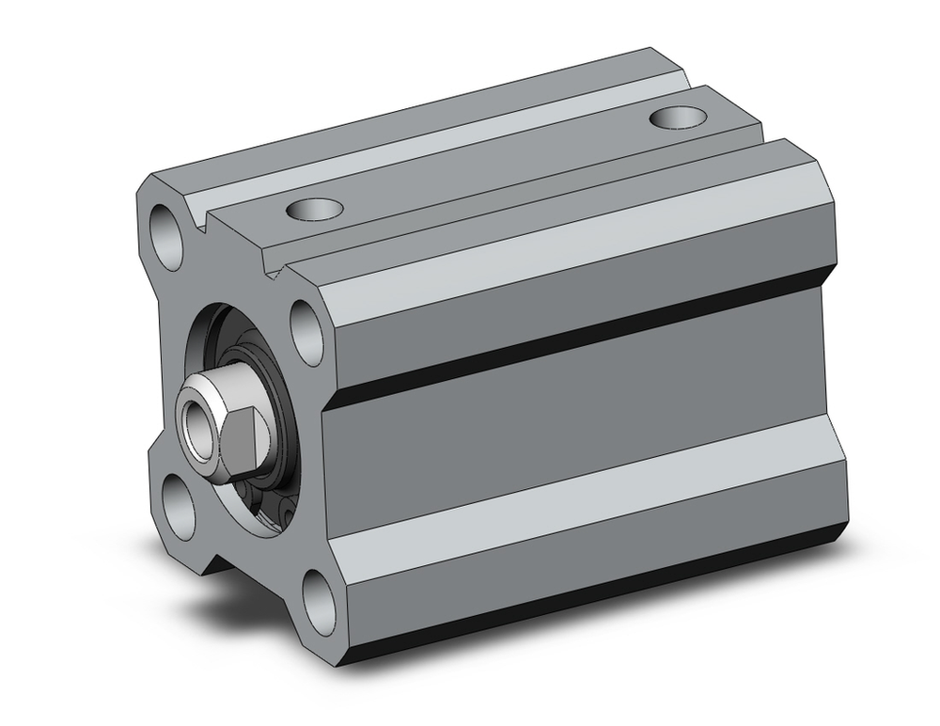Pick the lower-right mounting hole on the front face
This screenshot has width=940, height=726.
tap(319, 597)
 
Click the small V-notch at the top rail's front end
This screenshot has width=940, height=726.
tap(276, 274)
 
